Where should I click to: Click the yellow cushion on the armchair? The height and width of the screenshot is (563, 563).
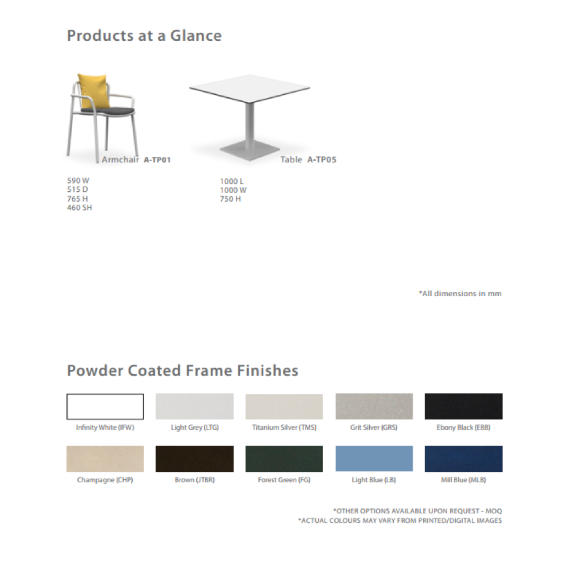[94, 91]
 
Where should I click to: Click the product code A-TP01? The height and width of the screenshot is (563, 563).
[157, 160]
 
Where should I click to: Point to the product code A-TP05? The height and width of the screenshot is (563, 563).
[322, 160]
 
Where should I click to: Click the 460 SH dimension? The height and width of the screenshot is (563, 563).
[80, 208]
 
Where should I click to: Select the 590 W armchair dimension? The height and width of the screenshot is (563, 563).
[78, 181]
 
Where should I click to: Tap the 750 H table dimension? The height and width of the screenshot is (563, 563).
[231, 199]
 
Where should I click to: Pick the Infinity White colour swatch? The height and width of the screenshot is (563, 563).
[105, 406]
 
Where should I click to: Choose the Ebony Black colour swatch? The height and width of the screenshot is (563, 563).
[464, 406]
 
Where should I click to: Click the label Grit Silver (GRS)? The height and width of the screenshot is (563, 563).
[374, 428]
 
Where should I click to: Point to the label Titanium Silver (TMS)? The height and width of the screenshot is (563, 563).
[284, 428]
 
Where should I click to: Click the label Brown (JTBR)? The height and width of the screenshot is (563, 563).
[195, 480]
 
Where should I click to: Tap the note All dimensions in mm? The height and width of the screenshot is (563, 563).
[461, 293]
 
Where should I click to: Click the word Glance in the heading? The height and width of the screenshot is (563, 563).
[196, 36]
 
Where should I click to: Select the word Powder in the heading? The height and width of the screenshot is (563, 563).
[95, 371]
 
